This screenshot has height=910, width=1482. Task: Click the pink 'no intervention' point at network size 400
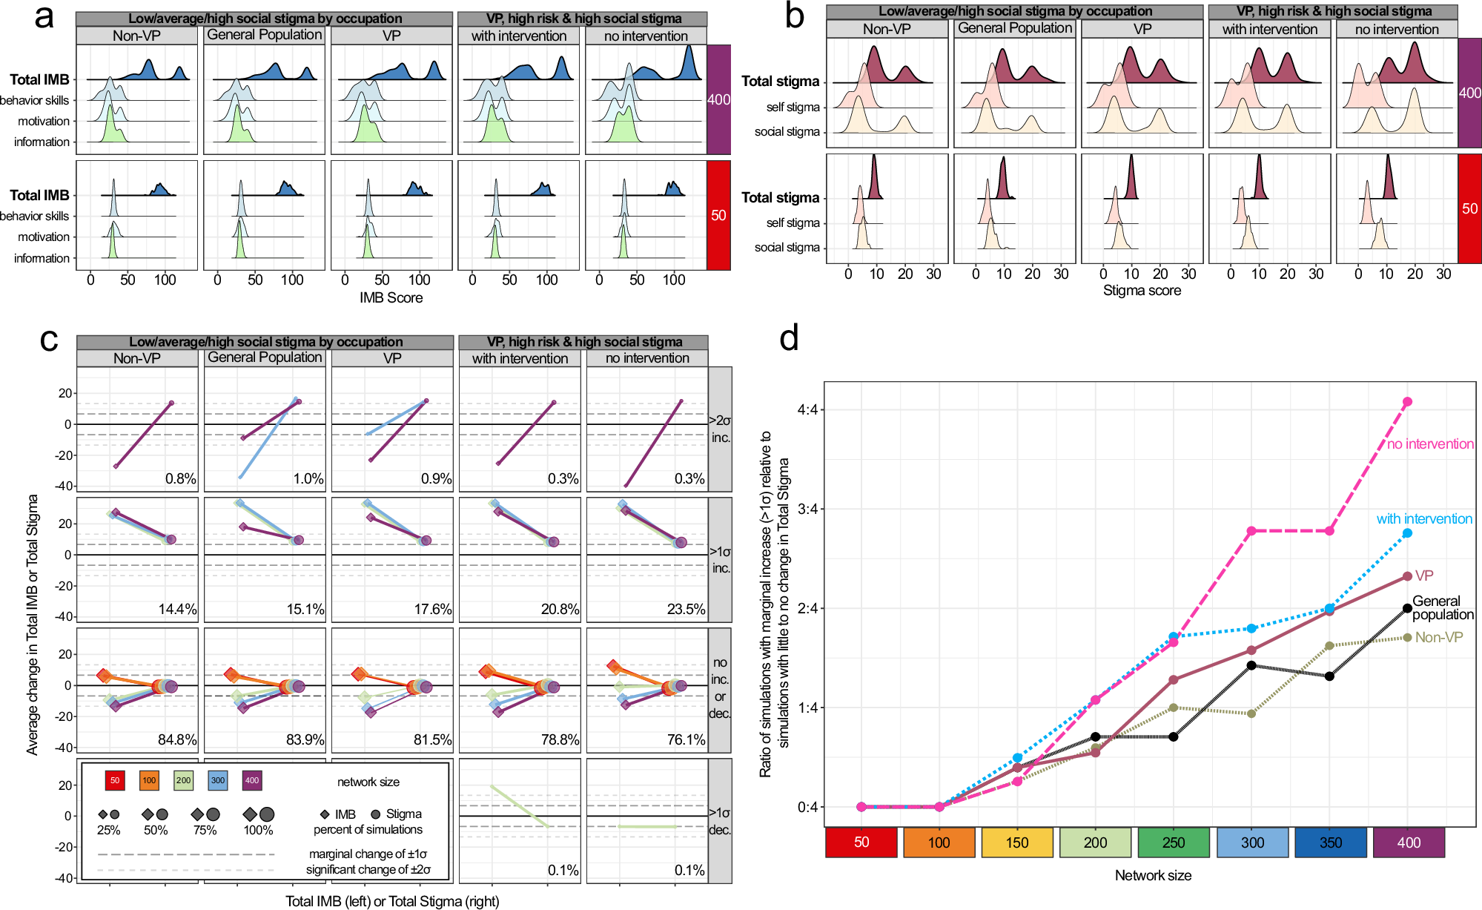(x=1407, y=402)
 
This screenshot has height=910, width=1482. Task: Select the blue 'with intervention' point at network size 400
(x=1407, y=533)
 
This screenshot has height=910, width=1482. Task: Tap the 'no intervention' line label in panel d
(x=1430, y=444)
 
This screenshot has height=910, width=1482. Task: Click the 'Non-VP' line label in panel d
(x=1438, y=637)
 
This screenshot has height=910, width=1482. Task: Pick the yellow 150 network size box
(x=1017, y=843)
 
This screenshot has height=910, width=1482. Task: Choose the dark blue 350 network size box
(x=1330, y=843)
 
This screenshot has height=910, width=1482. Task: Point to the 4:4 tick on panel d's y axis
(x=807, y=409)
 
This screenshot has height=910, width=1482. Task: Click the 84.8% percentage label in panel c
(x=177, y=739)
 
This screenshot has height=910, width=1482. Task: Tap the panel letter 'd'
(x=789, y=339)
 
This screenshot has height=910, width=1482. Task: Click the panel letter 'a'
(x=44, y=16)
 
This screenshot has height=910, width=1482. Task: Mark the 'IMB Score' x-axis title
(x=391, y=297)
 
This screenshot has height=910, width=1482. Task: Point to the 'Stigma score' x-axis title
(x=1142, y=291)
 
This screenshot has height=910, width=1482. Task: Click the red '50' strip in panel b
(x=1469, y=208)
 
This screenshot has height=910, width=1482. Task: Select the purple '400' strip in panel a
(x=718, y=99)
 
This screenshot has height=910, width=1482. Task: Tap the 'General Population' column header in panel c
(x=265, y=357)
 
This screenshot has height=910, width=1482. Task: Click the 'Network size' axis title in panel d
(x=1153, y=875)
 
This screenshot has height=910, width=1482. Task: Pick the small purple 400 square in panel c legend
(x=252, y=780)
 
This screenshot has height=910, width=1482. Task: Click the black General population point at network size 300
(x=1251, y=665)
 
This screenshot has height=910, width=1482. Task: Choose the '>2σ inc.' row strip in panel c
(x=720, y=429)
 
